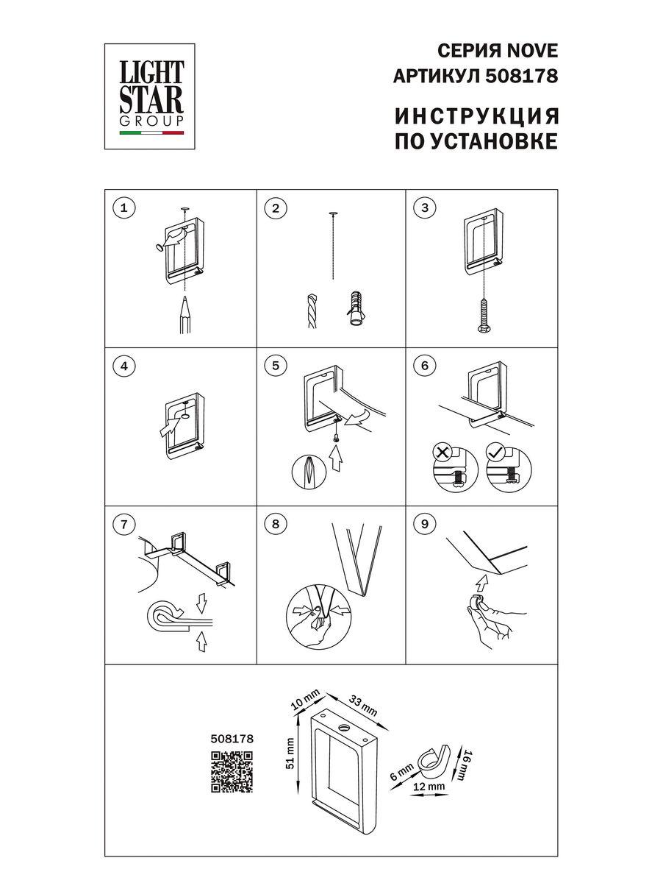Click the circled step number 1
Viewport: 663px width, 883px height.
(125, 208)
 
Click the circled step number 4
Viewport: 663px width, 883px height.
(125, 366)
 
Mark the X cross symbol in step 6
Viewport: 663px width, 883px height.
(442, 452)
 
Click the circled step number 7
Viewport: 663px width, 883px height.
(125, 524)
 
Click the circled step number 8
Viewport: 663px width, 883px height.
(276, 524)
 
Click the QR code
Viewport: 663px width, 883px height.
(232, 772)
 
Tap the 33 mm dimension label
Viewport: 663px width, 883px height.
(363, 705)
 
